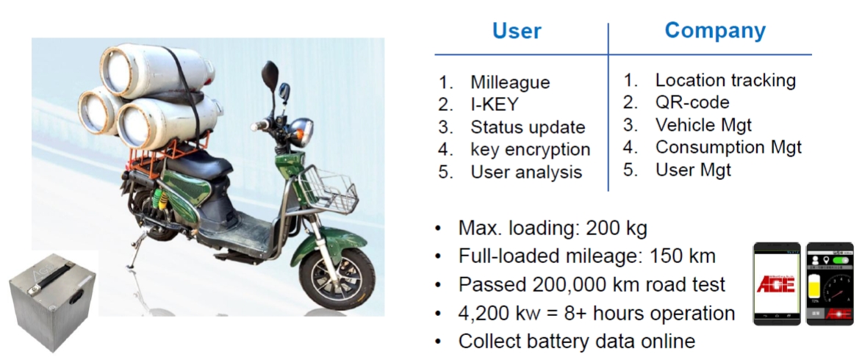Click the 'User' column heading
[517, 31]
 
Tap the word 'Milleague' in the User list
[510, 82]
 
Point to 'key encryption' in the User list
[530, 149]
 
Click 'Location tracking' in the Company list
[725, 80]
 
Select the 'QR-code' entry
[692, 102]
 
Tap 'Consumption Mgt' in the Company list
[728, 147]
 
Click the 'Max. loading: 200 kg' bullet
[552, 228]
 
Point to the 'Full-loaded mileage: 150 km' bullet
[586, 257]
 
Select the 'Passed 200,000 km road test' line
[592, 285]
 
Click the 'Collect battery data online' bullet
[576, 342]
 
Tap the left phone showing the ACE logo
[777, 284]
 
